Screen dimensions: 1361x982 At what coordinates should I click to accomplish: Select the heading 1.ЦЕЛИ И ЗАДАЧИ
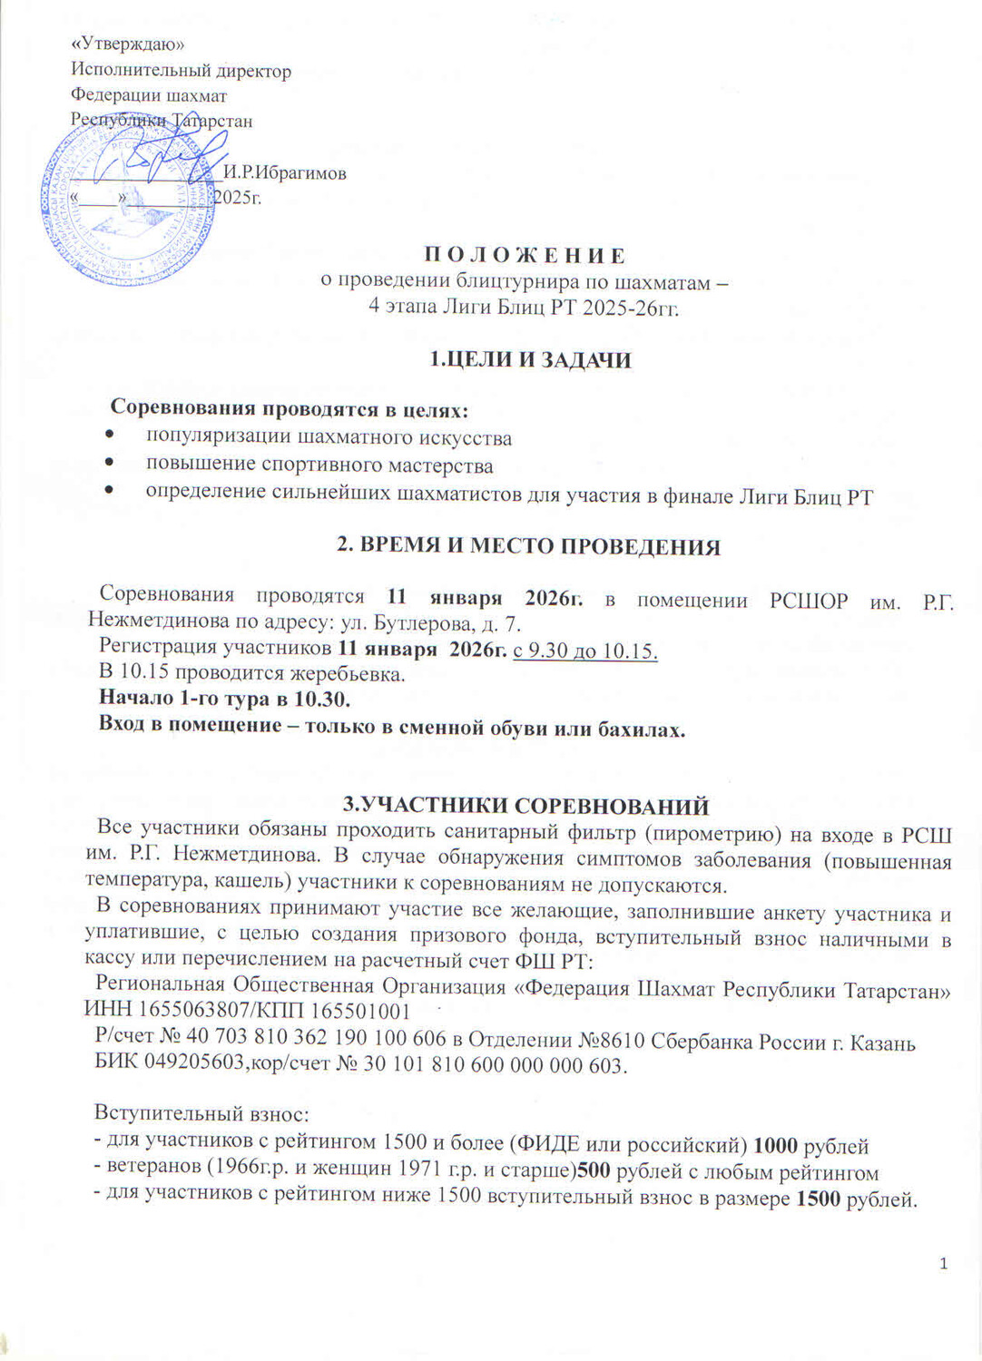[529, 360]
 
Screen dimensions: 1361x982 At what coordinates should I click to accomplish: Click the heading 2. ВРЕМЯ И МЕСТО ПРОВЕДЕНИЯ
[528, 546]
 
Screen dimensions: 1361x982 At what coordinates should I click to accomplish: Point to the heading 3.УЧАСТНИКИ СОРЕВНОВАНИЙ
[525, 805]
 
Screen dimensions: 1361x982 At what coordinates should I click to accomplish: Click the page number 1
[944, 1263]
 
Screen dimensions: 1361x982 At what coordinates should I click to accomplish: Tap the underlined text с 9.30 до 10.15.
[584, 651]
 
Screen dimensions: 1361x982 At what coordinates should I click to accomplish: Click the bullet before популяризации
[110, 437]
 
